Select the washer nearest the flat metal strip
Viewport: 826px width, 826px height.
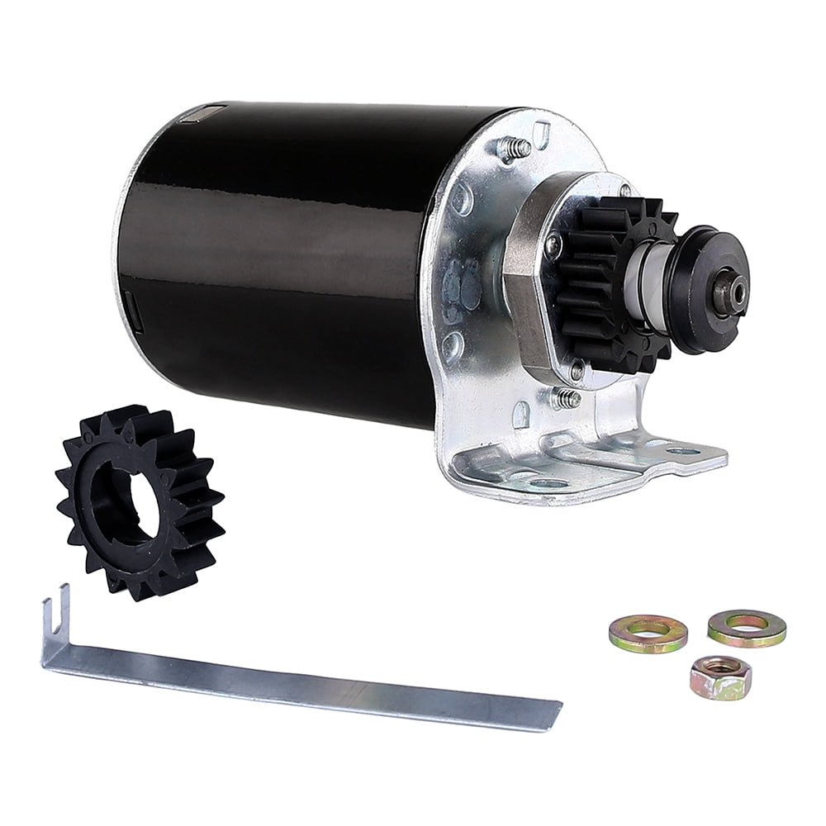648,634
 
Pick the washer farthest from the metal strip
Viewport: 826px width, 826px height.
747,628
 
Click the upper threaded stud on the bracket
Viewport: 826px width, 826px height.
516,149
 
